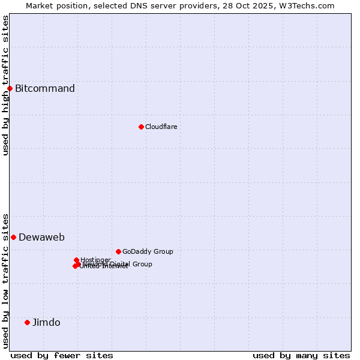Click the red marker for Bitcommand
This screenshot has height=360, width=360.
point(10,89)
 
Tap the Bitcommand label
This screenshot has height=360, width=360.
point(45,89)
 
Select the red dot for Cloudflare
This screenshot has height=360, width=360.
point(141,127)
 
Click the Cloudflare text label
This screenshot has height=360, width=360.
point(161,127)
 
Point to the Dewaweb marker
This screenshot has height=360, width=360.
point(13,237)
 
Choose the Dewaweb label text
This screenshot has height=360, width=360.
point(41,237)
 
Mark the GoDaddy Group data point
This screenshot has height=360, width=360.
point(118,251)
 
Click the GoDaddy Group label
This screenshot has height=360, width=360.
point(148,251)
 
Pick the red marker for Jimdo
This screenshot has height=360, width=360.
point(27,322)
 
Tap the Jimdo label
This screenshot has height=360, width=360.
point(46,322)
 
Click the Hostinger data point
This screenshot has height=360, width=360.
point(76,260)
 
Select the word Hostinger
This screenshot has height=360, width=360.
point(96,259)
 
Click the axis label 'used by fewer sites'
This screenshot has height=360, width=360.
point(62,355)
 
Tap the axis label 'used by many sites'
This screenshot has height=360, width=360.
point(301,355)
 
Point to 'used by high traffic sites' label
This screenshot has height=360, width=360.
point(5,85)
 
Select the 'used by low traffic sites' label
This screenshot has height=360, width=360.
point(5,280)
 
